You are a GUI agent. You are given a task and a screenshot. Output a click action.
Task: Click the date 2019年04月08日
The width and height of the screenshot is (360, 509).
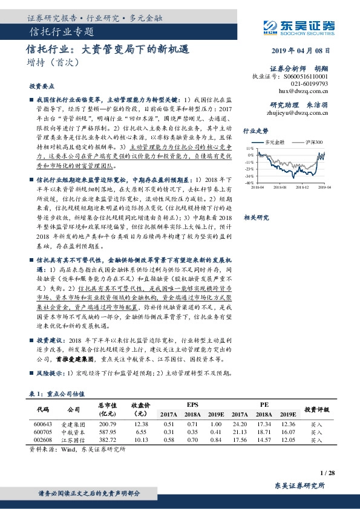pos(304,51)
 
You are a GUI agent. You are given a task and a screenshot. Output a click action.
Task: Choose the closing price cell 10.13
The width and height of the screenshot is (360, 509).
pos(141,441)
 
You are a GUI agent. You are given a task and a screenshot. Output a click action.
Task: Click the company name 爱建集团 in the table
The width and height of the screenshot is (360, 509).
pos(73,424)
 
